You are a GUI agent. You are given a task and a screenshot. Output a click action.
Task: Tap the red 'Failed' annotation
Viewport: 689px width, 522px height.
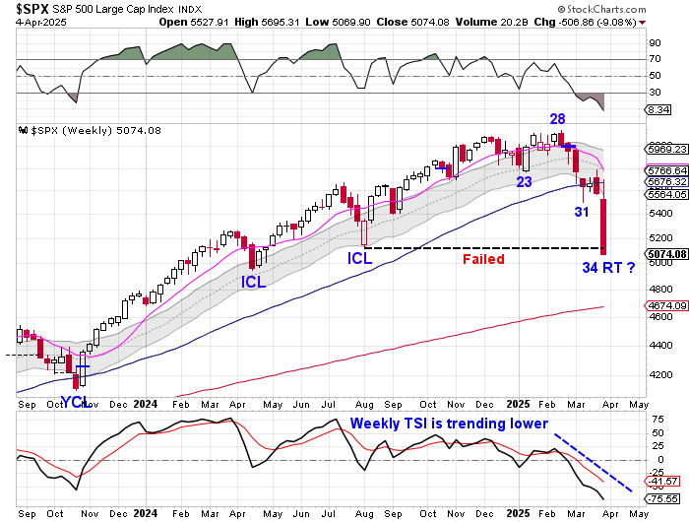pos(483,259)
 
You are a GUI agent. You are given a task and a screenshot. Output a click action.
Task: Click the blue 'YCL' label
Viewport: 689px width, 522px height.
pos(78,401)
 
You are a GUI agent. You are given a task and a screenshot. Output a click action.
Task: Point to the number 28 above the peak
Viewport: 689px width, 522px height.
pos(557,119)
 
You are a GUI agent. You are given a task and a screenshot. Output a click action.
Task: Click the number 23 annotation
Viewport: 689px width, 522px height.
pos(524,181)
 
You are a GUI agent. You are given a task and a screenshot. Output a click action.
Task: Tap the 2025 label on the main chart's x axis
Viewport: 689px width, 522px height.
pos(518,403)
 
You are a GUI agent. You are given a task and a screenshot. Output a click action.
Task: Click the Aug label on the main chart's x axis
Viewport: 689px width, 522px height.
pos(363,403)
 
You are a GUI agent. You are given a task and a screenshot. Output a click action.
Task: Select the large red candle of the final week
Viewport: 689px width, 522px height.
pos(602,226)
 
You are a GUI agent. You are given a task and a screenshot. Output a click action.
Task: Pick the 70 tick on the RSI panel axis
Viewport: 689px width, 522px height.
pos(654,59)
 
